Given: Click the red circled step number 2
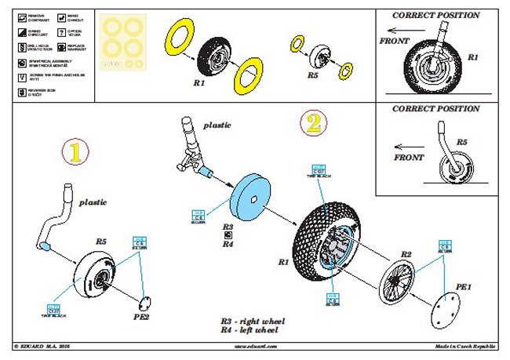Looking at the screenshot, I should click(x=311, y=122).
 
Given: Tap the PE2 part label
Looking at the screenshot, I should click(x=140, y=318).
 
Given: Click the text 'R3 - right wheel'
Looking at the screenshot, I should click(x=253, y=322).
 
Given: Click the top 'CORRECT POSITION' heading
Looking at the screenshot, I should click(x=436, y=14).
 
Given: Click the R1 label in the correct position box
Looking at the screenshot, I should click(x=473, y=57).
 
